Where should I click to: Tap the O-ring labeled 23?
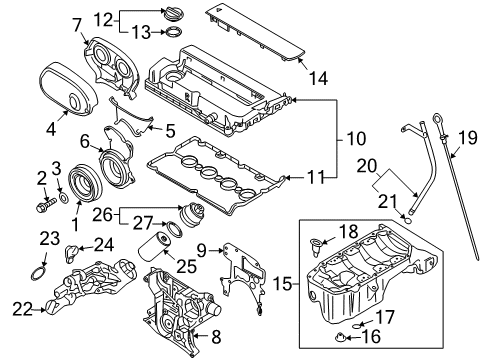pyautogui.click(x=37, y=273)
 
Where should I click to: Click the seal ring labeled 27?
pyautogui.click(x=176, y=232)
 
